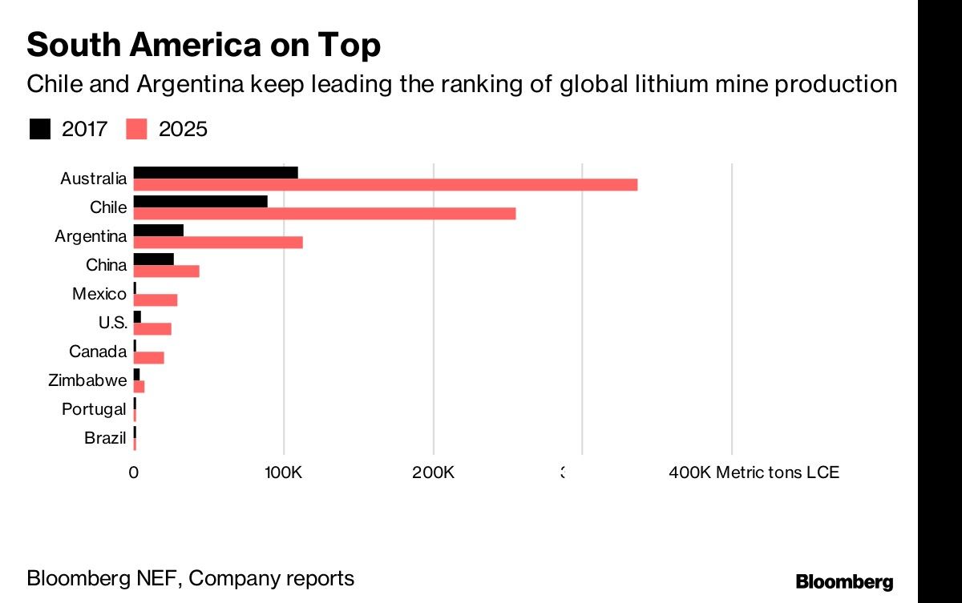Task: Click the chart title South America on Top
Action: pos(203,46)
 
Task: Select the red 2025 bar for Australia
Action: pos(385,185)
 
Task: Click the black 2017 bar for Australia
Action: pos(215,172)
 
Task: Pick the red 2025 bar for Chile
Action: pos(324,214)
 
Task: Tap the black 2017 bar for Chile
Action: pos(200,201)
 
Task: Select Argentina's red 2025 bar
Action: pos(217,243)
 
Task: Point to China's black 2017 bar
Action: pos(153,259)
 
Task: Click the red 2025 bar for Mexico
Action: pos(155,300)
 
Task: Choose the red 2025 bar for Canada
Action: pos(148,358)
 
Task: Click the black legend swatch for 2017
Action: pos(40,129)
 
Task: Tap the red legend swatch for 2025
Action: pos(137,129)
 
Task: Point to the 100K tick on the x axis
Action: pos(283,472)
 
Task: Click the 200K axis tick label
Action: pos(433,472)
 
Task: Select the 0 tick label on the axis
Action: pos(133,472)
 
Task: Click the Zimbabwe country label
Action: pos(87,380)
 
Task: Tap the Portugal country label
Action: pos(94,409)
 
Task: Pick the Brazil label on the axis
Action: pos(105,438)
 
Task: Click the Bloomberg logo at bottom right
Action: pos(844,581)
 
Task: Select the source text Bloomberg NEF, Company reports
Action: pos(190,578)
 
